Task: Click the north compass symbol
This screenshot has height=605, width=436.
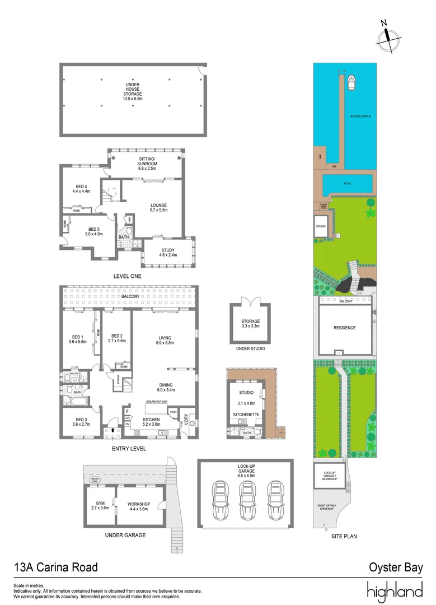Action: pyautogui.click(x=387, y=36)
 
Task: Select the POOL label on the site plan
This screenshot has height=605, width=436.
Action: pyautogui.click(x=348, y=183)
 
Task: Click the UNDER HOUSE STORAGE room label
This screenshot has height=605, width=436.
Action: pyautogui.click(x=133, y=91)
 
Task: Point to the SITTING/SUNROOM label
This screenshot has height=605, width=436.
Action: pyautogui.click(x=147, y=162)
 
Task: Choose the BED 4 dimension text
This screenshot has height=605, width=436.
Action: pyautogui.click(x=82, y=192)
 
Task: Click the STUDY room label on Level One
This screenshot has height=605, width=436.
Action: pyautogui.click(x=169, y=252)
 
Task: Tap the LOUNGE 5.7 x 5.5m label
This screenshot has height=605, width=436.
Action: pyautogui.click(x=158, y=208)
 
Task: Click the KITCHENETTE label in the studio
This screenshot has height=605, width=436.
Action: pyautogui.click(x=246, y=414)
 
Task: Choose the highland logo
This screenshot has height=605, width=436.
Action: pyautogui.click(x=395, y=592)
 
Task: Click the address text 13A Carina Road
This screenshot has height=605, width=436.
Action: pyautogui.click(x=56, y=567)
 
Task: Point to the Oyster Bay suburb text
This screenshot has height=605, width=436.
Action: pyautogui.click(x=396, y=567)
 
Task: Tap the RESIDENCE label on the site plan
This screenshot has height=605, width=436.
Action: pyautogui.click(x=344, y=328)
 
